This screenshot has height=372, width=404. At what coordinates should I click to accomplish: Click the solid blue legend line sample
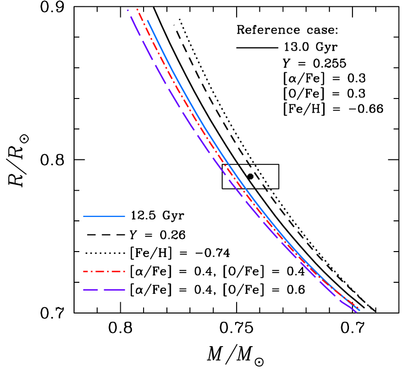point(104,216)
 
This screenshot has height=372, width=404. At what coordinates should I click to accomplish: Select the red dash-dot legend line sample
point(104,272)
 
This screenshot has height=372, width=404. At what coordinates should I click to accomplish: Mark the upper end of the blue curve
point(147,20)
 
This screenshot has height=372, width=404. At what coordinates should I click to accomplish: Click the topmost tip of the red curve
point(137,9)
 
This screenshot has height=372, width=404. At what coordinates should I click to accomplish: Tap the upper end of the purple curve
point(128,10)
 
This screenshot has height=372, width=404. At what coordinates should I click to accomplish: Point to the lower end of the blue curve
point(360,310)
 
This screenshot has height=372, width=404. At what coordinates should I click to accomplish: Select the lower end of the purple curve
point(357,312)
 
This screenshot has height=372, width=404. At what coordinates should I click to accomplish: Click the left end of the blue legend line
point(84,216)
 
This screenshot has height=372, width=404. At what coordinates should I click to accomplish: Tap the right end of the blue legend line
point(125,216)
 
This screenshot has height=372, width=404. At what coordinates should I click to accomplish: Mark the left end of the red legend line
point(84,272)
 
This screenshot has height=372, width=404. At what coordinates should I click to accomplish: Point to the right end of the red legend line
point(125,272)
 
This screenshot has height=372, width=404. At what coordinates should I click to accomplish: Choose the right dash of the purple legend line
point(114,290)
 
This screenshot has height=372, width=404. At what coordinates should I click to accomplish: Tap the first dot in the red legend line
point(92,272)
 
